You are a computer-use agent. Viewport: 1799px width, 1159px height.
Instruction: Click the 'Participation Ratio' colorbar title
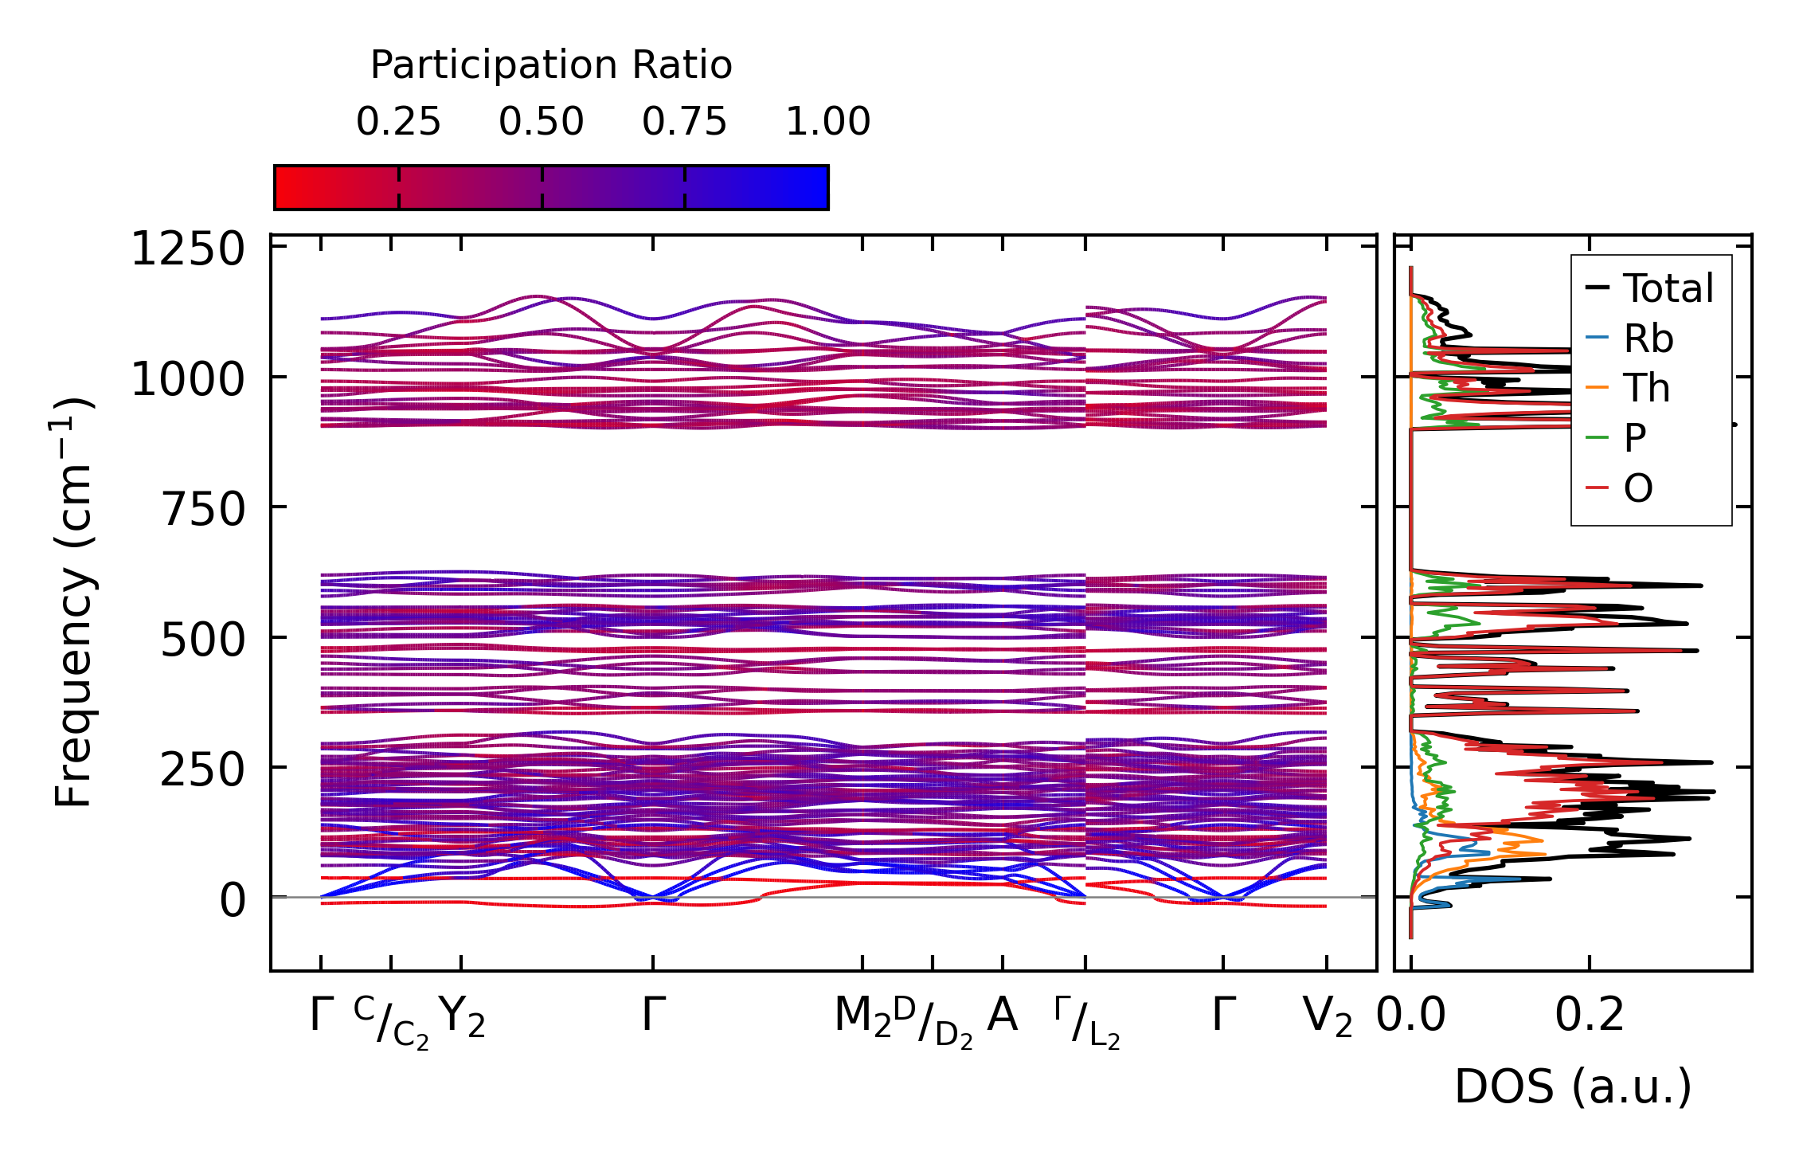click(x=551, y=65)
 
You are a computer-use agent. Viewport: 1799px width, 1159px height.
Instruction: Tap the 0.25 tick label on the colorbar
click(x=398, y=122)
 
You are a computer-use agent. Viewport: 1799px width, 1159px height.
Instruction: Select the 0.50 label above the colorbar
click(x=542, y=122)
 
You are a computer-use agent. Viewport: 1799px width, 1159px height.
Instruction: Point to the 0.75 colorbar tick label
click(x=685, y=122)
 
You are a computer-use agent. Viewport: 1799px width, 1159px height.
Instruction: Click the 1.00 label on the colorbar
click(x=828, y=122)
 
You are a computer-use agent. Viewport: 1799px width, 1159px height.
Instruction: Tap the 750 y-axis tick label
click(x=203, y=509)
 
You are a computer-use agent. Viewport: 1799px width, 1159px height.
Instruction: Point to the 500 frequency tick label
click(x=203, y=640)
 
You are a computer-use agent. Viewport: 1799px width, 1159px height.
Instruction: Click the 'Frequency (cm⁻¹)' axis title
click(x=73, y=602)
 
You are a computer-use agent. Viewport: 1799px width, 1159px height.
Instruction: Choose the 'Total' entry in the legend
click(x=1668, y=288)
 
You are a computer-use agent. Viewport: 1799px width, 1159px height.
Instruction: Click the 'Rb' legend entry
click(x=1648, y=339)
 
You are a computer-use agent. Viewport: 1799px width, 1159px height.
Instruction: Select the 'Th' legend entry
click(x=1647, y=388)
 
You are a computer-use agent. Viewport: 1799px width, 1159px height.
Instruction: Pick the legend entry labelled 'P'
click(x=1635, y=437)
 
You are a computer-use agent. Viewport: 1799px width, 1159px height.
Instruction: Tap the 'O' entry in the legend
click(x=1638, y=487)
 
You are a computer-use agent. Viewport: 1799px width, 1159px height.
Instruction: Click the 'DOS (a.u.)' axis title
click(x=1573, y=1087)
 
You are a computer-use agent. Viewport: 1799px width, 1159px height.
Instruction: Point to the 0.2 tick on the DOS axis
click(x=1590, y=1016)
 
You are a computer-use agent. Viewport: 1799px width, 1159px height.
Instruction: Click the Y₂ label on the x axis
click(x=462, y=1018)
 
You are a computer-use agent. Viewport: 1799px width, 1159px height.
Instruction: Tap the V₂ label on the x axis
click(x=1327, y=1018)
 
